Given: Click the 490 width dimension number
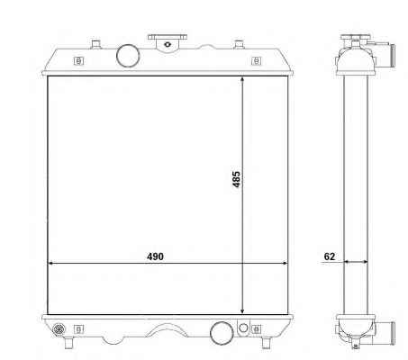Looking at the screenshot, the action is coord(155,256).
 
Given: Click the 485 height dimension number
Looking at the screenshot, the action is coord(236,179).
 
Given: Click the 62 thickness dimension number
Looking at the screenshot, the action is coord(330,256).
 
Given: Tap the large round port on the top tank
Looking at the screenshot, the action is coord(128,56).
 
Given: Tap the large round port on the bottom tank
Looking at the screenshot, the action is coord(222,333).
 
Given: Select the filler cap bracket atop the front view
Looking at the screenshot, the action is coord(168,43).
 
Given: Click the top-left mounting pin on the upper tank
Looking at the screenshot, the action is coord(95,44).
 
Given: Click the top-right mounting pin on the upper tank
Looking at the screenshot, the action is coord(239,44).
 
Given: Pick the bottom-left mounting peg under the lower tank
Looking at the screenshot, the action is coord(69,343).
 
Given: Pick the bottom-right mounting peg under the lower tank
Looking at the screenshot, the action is coord(266,343).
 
